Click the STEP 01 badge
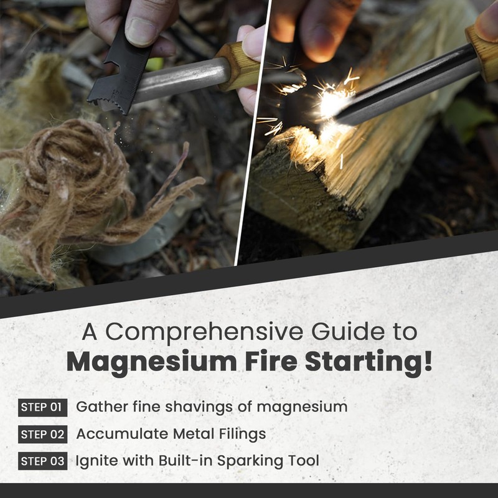[x=42, y=408]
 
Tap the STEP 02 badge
[x=42, y=435]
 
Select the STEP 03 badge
[x=42, y=461]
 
